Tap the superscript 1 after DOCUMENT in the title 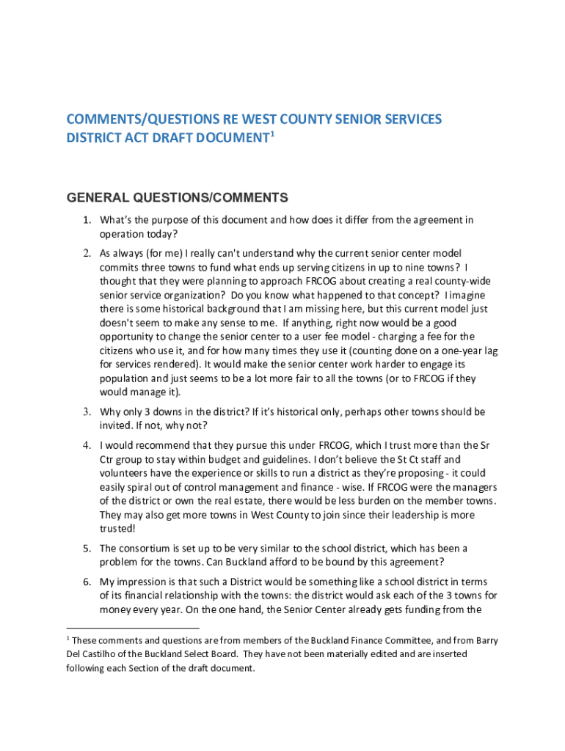[272, 134]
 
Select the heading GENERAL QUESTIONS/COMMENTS [177, 197]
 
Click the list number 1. [86, 220]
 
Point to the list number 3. [86, 412]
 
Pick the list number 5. [86, 549]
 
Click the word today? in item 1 [162, 234]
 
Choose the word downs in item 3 [168, 412]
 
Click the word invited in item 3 [116, 426]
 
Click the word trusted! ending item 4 [118, 528]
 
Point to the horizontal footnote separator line [132, 629]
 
